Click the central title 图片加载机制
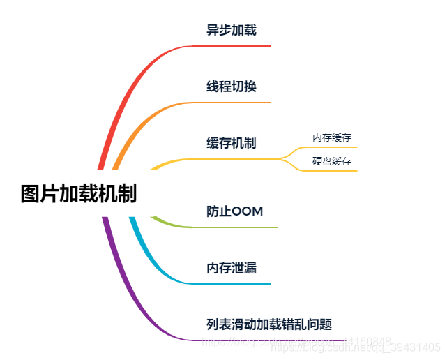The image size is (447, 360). (78, 194)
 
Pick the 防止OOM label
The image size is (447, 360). (234, 211)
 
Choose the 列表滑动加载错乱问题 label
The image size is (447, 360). (268, 324)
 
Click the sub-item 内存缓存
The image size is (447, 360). (332, 137)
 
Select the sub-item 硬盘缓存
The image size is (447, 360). (332, 161)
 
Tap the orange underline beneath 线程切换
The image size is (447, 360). (230, 103)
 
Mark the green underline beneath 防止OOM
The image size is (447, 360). (237, 227)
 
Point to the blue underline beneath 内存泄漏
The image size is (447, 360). (230, 284)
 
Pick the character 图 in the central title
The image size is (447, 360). (30, 194)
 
